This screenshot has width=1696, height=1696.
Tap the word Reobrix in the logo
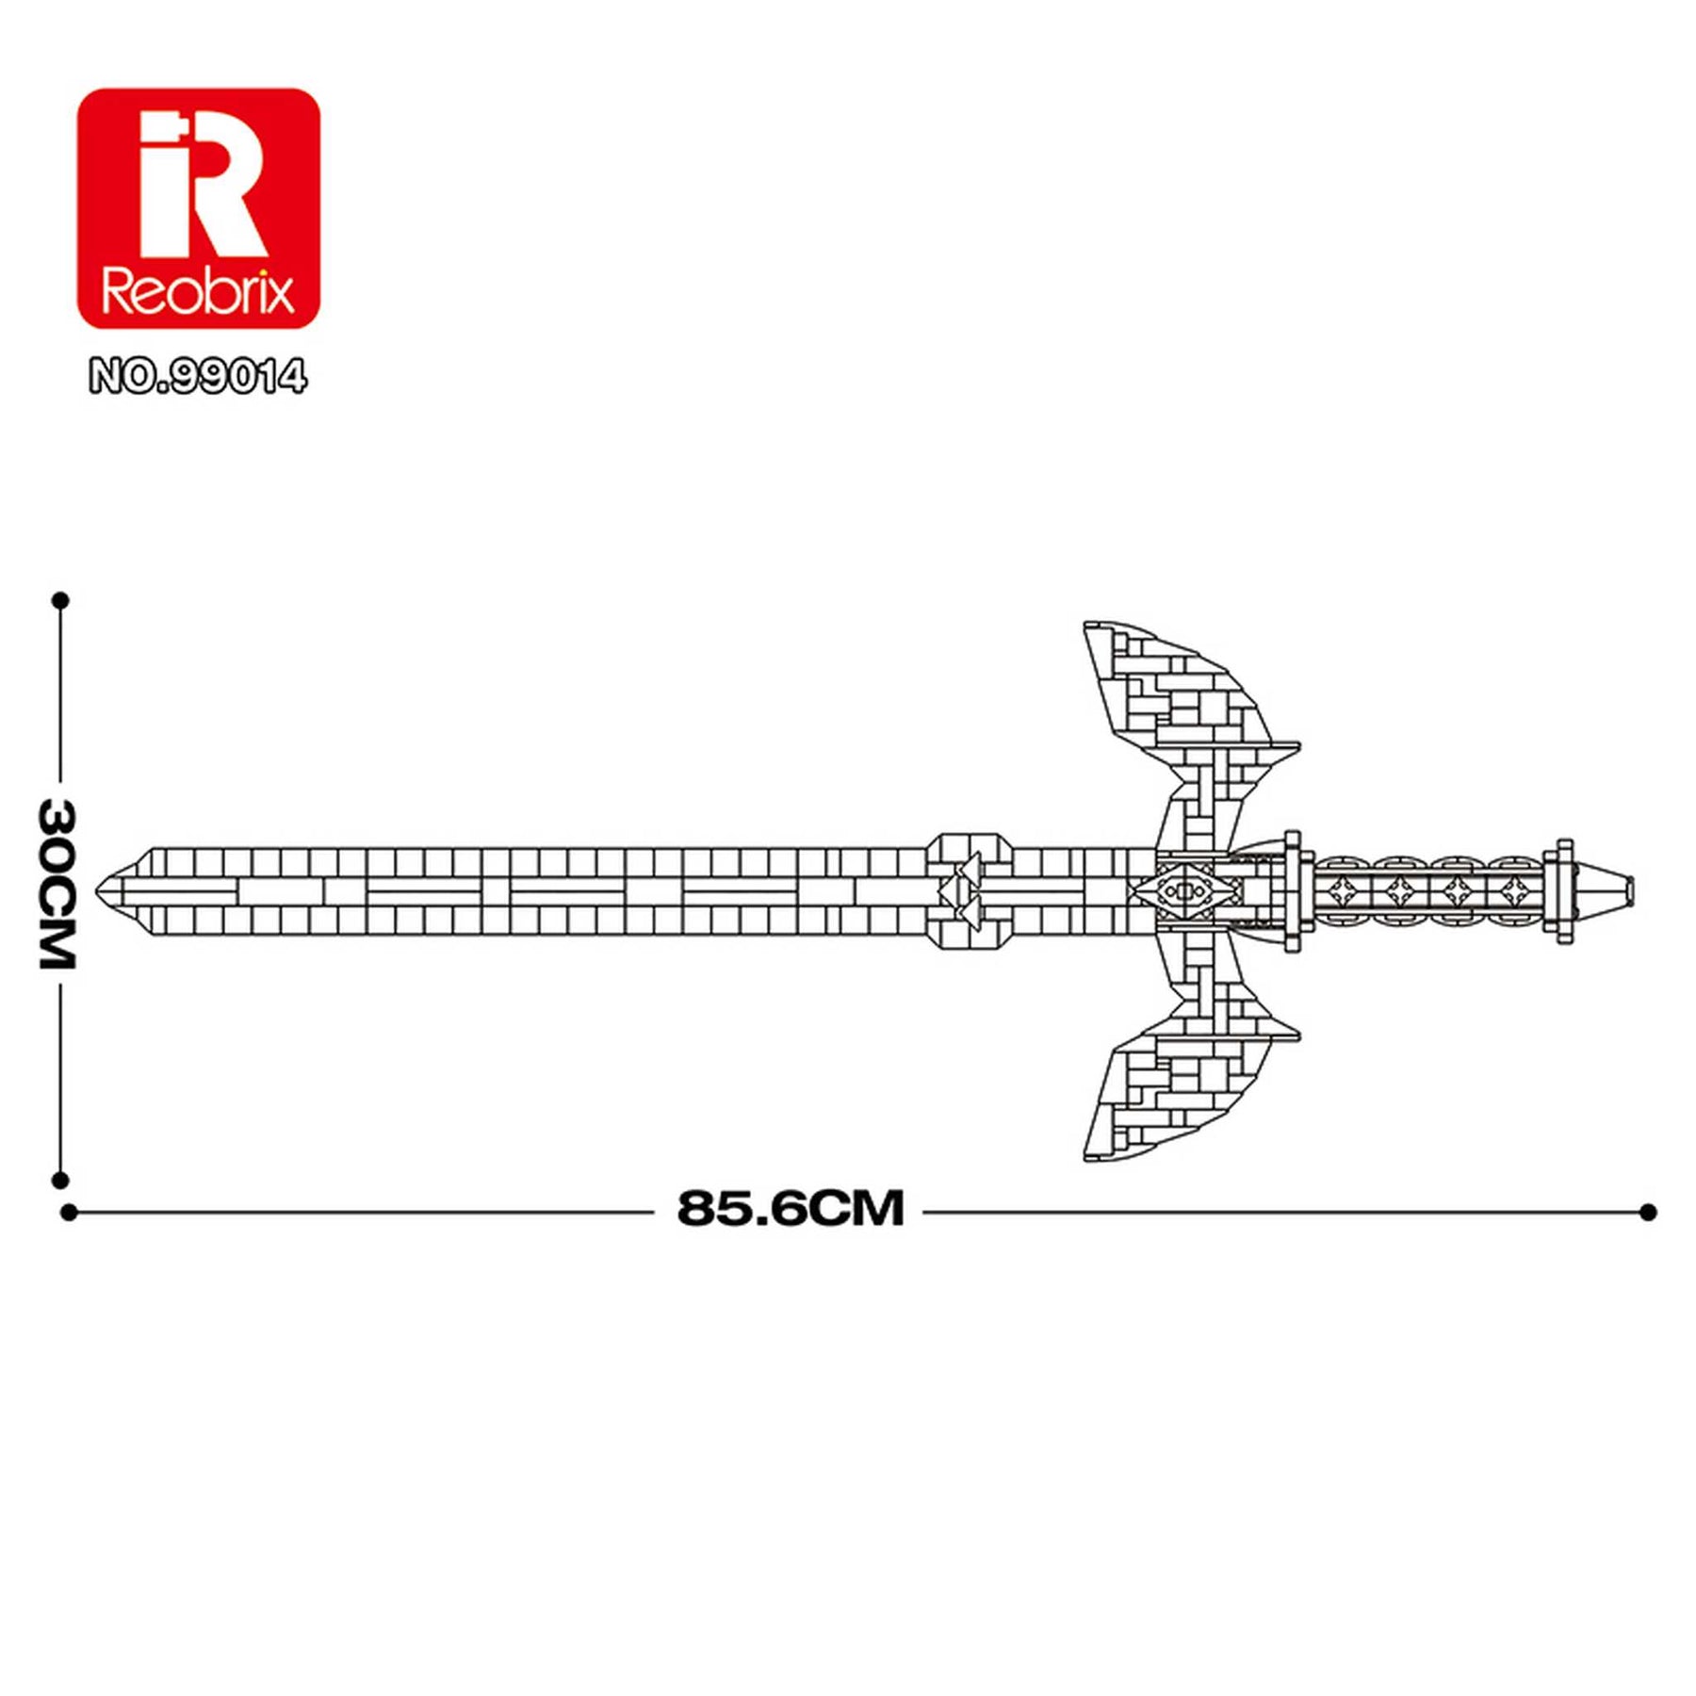pos(198,292)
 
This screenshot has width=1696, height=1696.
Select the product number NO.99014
pos(198,378)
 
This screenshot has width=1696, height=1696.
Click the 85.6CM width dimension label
pos(790,1209)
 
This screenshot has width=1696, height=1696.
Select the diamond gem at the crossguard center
pos(1183,890)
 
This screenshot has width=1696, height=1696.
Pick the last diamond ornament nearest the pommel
pos(1513,889)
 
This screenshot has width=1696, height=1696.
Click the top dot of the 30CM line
pos(61,600)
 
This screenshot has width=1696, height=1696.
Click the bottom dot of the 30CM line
pos(61,1180)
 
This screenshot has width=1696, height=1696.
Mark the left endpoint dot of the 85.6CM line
pos(69,1213)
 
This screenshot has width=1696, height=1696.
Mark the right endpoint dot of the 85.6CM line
pos(1647,1212)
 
